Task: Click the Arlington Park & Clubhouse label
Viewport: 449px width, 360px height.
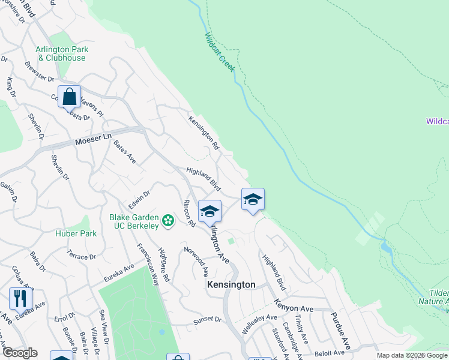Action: pyautogui.click(x=62, y=53)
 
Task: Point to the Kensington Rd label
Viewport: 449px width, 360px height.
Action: pyautogui.click(x=204, y=132)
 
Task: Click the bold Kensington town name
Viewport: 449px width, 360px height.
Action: pyautogui.click(x=231, y=284)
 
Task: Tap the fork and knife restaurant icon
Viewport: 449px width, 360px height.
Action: pyautogui.click(x=20, y=298)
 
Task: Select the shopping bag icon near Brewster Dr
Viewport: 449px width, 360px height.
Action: pyautogui.click(x=69, y=96)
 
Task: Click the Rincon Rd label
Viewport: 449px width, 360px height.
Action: pyautogui.click(x=190, y=213)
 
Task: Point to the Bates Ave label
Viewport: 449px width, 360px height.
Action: pyautogui.click(x=125, y=153)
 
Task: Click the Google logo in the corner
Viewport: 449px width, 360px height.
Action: pyautogui.click(x=19, y=353)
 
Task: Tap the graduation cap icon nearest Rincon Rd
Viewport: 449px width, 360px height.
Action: pyautogui.click(x=209, y=211)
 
